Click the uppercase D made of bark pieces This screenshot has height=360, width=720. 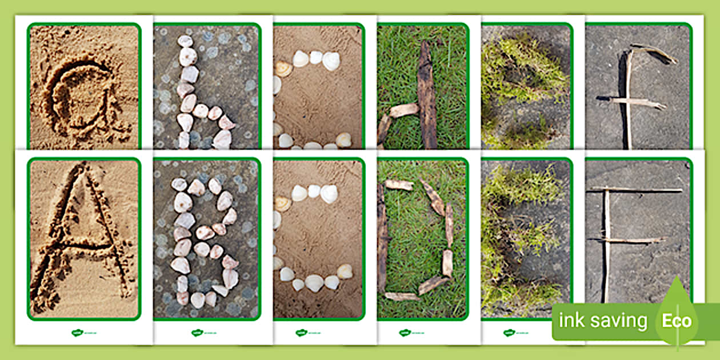pos(417,240)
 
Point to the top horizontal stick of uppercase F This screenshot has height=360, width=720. pos(634,190)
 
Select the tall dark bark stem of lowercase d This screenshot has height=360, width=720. pos(426,94)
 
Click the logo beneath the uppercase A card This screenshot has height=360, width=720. pos(78,333)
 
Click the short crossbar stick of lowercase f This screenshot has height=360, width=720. pos(637,103)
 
